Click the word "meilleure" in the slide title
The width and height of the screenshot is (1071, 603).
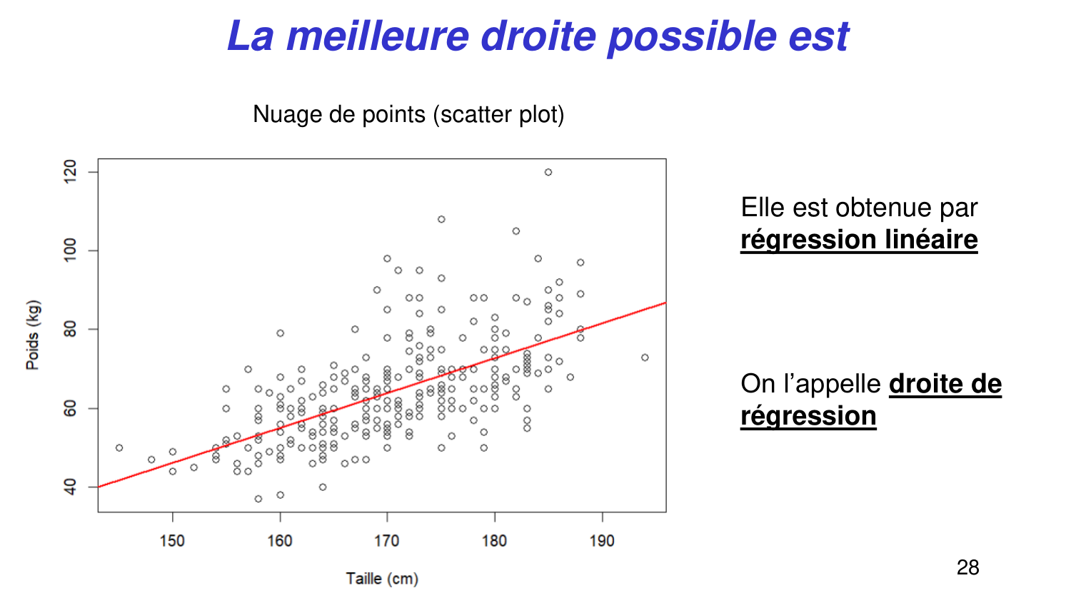tap(377, 36)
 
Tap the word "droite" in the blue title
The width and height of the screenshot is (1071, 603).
tap(538, 36)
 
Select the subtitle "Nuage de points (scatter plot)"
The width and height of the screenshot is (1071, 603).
tap(408, 114)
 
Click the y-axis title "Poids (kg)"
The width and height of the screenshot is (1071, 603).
tap(33, 335)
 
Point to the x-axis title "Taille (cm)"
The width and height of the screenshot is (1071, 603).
tap(382, 578)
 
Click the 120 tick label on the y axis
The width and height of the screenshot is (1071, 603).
tap(70, 172)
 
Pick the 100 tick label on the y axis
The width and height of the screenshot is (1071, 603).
tap(70, 250)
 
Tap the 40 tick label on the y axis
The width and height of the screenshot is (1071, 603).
tap(70, 487)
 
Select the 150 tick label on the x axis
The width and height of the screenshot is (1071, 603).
tap(172, 541)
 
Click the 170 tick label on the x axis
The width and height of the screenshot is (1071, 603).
tap(387, 541)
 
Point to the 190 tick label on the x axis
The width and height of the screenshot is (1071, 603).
tap(602, 541)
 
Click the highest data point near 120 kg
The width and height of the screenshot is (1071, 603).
tap(548, 172)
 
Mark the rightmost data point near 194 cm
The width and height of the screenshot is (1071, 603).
tap(645, 358)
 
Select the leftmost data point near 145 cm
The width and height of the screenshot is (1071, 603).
tap(119, 448)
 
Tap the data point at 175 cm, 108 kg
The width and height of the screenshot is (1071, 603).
tap(441, 219)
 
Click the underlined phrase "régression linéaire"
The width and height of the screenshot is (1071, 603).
tap(859, 240)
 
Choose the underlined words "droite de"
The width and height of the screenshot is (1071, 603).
tap(945, 384)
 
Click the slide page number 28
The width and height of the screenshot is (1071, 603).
tap(967, 567)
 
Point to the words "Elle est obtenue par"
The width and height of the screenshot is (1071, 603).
tap(859, 208)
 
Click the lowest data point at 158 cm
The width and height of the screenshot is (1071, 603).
tap(258, 499)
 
